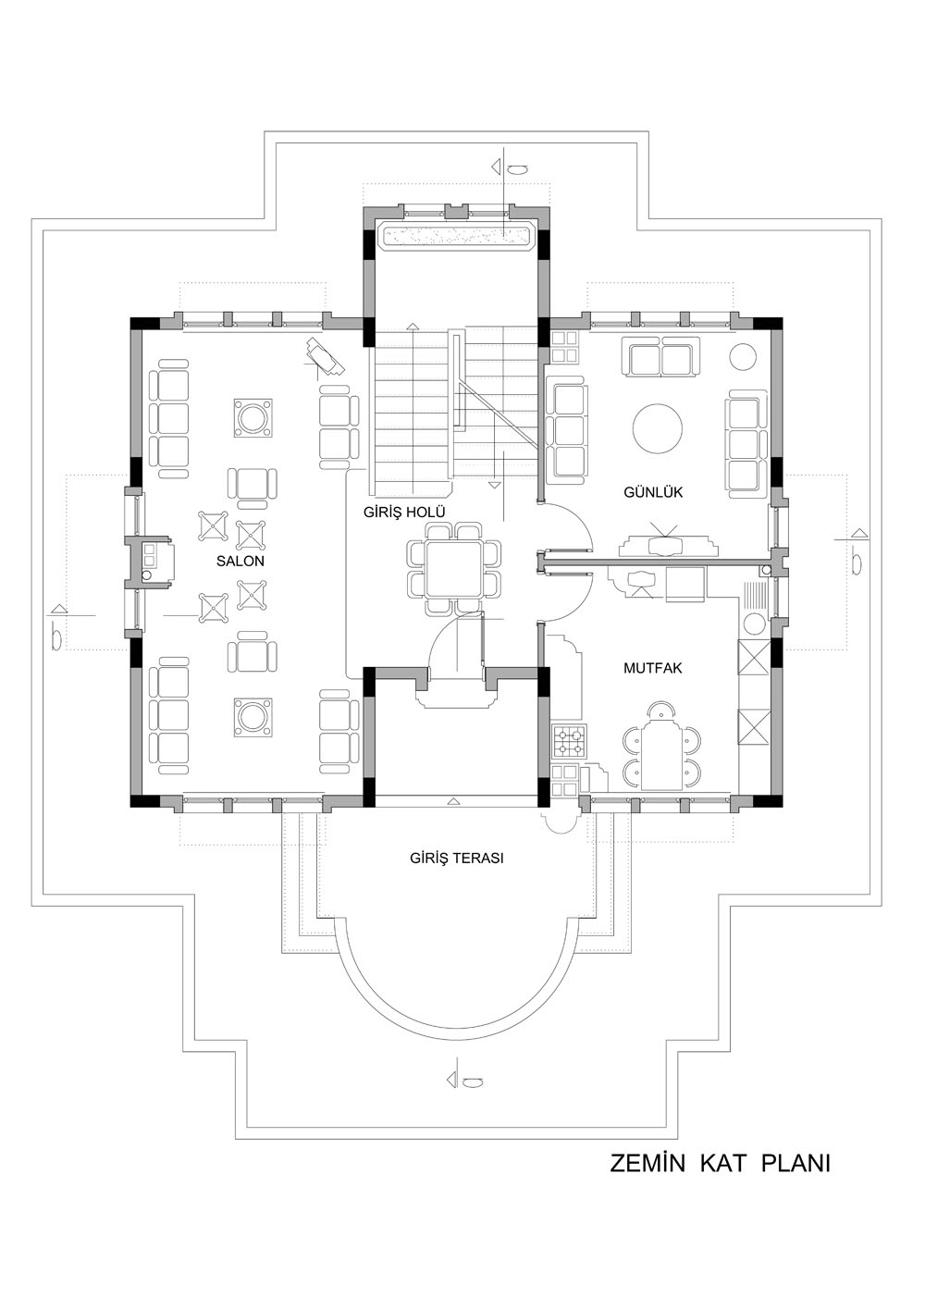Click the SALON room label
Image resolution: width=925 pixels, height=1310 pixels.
(240, 562)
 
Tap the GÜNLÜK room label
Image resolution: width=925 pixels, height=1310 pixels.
(652, 492)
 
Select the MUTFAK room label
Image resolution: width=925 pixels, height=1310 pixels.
(652, 668)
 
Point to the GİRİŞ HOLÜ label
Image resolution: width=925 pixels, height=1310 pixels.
(404, 513)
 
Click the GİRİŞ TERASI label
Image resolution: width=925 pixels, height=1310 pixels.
(456, 859)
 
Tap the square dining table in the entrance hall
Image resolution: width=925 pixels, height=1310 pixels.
(454, 569)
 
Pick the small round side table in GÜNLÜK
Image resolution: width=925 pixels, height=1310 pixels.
(743, 356)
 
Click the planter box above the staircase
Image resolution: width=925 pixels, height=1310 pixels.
(456, 235)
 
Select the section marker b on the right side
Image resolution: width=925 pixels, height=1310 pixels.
(857, 552)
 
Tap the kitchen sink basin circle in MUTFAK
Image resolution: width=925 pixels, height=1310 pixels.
(754, 623)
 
